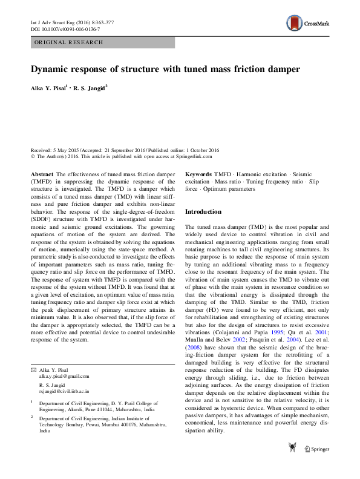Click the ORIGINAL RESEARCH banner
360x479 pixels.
pyautogui.click(x=69, y=42)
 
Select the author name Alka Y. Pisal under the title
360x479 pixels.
pyautogui.click(x=49, y=88)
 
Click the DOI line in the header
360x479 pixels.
pyautogui.click(x=65, y=29)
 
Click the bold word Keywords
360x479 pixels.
pyautogui.click(x=198, y=174)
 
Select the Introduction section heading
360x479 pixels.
pyautogui.click(x=203, y=212)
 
